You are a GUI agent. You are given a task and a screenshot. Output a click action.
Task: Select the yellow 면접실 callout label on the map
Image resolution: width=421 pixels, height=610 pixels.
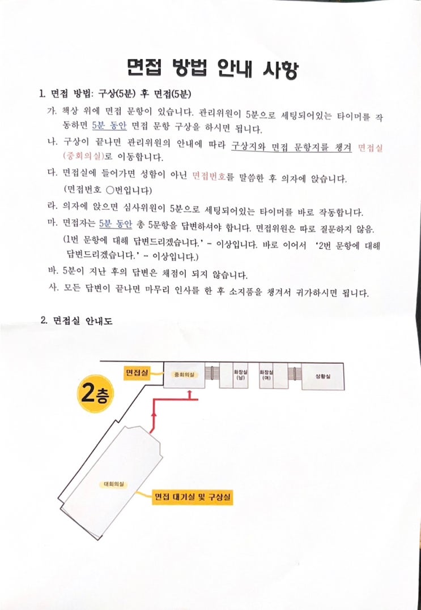137,373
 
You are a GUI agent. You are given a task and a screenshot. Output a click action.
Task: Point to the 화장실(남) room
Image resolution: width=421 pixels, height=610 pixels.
239,375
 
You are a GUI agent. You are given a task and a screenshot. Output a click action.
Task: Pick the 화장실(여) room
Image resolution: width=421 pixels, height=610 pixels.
266,375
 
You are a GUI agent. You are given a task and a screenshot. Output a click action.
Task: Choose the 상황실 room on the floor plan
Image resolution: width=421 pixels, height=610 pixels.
323,376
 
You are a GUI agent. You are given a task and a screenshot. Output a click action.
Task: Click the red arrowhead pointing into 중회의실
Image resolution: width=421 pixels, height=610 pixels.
190,393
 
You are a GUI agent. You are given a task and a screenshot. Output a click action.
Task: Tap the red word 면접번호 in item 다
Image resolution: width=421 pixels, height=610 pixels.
210,178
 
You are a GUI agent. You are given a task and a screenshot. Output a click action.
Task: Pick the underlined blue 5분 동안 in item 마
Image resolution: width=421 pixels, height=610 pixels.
115,224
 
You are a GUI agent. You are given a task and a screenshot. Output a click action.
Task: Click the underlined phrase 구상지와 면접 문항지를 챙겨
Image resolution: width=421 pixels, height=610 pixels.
291,148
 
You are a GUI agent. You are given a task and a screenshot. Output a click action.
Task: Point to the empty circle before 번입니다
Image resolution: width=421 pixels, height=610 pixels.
109,190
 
